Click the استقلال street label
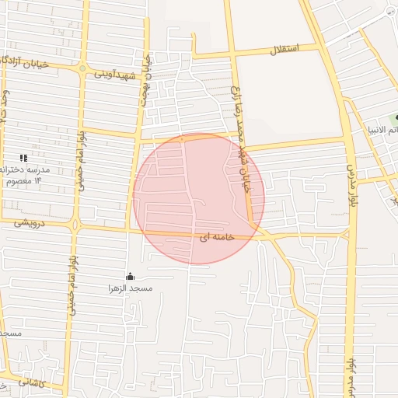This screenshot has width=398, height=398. click(278, 51)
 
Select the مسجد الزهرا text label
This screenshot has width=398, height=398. click(131, 288)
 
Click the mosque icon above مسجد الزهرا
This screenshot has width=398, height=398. click(130, 276)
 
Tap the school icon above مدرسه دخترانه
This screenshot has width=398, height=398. click(23, 158)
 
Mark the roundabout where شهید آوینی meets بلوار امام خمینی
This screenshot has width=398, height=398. click(82, 69)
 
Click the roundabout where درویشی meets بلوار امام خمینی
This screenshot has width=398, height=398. click(75, 226)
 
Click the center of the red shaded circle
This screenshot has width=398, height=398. click(198, 198)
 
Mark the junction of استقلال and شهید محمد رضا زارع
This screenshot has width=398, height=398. click(234, 54)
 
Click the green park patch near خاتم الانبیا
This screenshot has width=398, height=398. click(396, 118)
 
